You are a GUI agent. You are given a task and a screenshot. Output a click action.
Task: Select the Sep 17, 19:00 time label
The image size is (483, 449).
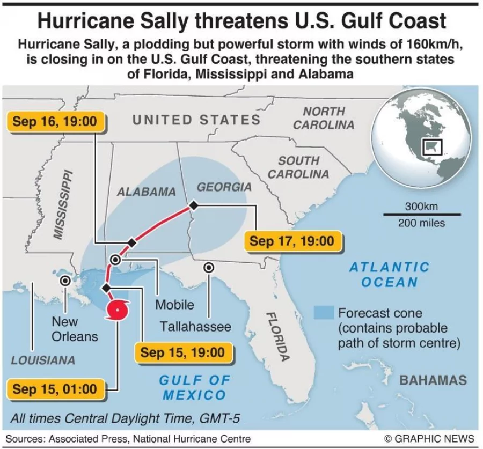pos(291,241)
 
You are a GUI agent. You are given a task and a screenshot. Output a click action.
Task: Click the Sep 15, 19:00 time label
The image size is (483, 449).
pos(182,352)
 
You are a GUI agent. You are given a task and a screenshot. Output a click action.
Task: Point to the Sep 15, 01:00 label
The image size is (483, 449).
pos(55,388)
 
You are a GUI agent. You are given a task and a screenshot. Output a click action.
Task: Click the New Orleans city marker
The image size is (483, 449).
pos(65,280)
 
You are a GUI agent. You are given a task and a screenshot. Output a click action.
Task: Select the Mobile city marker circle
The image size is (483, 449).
pos(115,260)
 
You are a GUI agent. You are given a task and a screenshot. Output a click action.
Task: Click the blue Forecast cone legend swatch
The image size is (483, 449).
pos(324,313)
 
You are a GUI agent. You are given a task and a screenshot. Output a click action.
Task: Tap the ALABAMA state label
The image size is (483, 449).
pos(147,192)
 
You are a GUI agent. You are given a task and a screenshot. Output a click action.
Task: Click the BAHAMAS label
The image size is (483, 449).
pos(433,380)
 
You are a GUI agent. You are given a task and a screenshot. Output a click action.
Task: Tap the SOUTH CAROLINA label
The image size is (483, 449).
pos(298,167)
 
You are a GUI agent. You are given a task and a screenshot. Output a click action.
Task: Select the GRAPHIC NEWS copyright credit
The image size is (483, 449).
pos(429,438)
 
